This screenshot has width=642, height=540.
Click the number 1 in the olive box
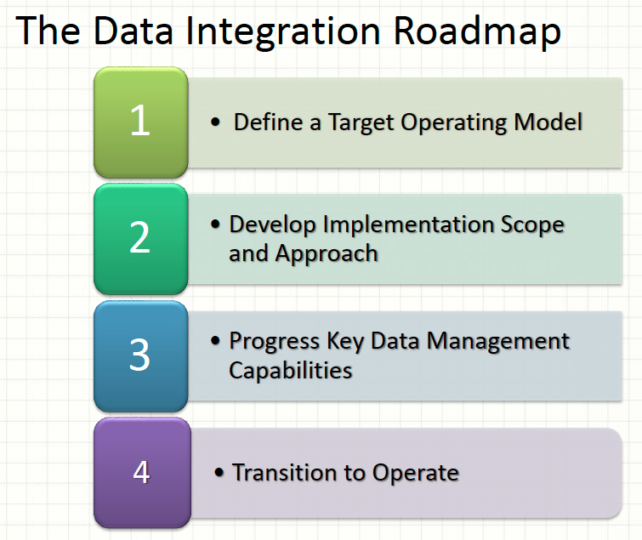tap(140, 122)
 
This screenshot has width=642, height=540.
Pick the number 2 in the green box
tap(140, 238)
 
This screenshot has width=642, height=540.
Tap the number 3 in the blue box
tap(140, 355)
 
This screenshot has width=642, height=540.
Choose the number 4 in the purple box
tap(141, 472)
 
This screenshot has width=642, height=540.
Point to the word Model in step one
tap(548, 122)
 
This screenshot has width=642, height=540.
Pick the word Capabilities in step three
tap(290, 370)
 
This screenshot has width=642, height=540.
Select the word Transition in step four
tap(280, 472)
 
